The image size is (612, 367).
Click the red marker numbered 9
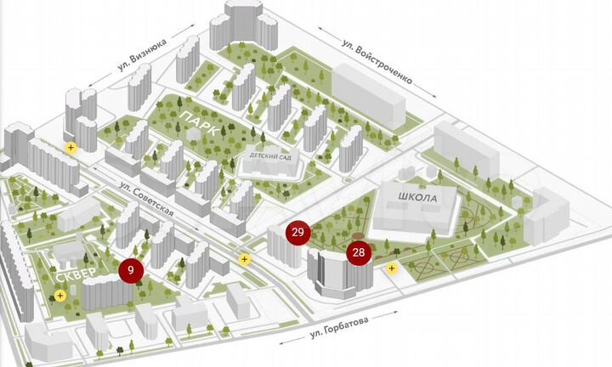(130, 270)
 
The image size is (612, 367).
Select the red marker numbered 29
(297, 232)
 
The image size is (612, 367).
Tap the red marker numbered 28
(359, 252)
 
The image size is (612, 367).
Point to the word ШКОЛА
(416, 198)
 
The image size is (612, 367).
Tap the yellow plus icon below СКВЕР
(59, 296)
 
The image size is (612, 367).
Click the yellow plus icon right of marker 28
(392, 268)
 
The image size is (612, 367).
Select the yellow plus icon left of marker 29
(245, 258)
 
